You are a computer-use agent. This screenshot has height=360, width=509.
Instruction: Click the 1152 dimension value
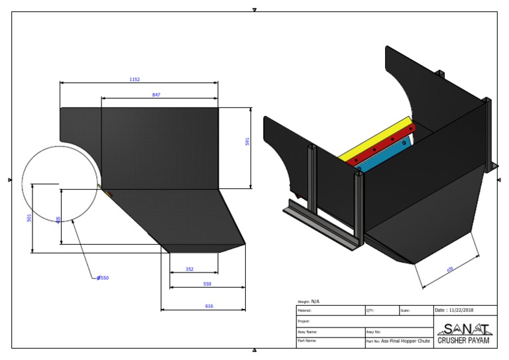135,80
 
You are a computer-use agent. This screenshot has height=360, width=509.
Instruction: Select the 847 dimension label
156,95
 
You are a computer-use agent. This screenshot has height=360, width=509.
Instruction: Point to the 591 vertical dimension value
248,141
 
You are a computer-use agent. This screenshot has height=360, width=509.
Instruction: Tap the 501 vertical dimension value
29,217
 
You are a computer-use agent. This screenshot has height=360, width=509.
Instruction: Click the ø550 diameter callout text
103,278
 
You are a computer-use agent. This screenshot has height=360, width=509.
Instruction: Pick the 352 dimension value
190,269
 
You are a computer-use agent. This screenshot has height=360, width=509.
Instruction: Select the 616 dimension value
209,306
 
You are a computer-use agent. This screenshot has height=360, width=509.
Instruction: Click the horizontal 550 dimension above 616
207,284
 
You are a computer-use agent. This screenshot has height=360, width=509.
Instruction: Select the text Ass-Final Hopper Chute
405,341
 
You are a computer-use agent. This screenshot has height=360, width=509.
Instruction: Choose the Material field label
304,310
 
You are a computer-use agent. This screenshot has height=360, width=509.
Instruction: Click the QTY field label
370,310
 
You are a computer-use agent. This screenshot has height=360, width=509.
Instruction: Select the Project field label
304,321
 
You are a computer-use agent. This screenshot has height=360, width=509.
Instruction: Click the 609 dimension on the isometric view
451,269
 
